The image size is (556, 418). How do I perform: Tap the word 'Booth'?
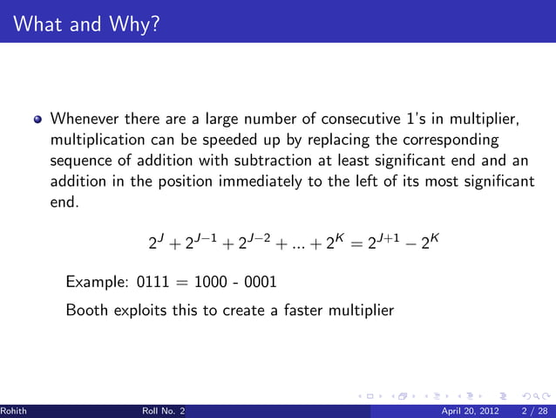[x=85, y=308]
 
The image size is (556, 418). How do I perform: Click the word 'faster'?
[x=298, y=308]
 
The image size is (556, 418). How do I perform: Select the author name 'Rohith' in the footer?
[x=13, y=411]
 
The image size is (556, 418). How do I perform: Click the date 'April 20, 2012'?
[x=471, y=411]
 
